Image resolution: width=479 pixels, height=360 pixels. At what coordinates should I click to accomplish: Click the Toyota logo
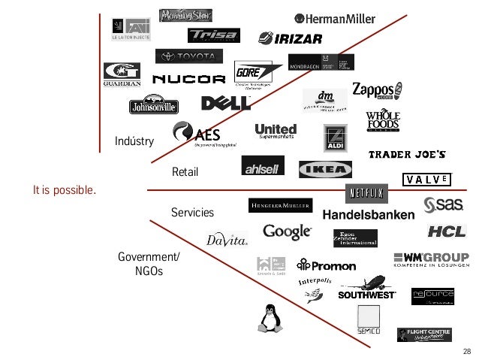point(189,56)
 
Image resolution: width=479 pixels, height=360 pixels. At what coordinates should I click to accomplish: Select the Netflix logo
point(366,194)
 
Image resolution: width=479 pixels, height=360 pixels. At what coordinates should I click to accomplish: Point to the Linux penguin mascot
point(269,319)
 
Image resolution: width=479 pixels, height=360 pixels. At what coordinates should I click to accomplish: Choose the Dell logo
point(225,103)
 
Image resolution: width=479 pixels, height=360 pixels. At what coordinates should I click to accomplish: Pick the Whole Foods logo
point(383,120)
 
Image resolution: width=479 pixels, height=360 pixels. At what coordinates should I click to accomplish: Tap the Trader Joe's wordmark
point(408,155)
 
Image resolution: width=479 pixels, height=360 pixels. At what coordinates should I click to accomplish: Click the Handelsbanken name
point(368,216)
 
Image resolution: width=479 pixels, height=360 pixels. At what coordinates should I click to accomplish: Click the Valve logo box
point(428,180)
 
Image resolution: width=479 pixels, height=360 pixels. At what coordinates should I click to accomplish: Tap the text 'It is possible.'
point(65,189)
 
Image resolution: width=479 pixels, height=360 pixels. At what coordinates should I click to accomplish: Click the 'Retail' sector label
point(185,173)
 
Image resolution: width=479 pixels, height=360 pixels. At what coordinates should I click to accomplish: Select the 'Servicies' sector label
point(192,213)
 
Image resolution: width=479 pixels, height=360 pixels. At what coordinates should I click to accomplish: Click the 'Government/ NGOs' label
point(149,264)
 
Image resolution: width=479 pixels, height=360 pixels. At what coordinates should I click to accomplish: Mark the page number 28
point(467,352)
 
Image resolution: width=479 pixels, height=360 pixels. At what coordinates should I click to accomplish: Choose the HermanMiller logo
point(335,20)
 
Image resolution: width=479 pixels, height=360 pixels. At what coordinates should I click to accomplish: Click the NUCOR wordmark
point(188,79)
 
